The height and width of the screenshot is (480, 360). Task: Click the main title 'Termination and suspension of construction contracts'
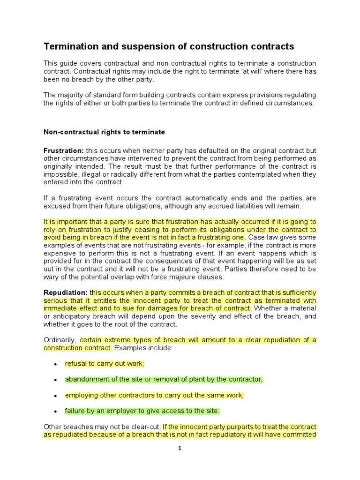coord(169,46)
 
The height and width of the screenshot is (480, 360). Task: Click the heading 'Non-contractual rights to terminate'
coord(104,132)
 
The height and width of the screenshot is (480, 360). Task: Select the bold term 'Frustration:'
coord(63,150)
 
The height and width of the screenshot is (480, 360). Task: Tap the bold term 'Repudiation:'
coord(65,292)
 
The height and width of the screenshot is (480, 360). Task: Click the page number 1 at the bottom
coord(179,448)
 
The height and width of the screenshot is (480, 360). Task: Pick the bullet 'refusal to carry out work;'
coord(105,363)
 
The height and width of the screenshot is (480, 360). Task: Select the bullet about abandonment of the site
coord(164,379)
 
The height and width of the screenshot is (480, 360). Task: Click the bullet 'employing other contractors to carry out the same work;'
coord(154,395)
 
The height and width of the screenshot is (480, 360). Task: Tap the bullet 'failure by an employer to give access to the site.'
coord(142,411)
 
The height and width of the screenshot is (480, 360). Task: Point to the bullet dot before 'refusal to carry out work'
coord(55,364)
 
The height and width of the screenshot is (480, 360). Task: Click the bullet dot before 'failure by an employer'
coord(55,412)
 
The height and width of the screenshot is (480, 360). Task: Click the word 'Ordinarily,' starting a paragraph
coord(60,340)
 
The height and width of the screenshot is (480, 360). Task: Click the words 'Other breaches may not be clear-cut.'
coord(102,427)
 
